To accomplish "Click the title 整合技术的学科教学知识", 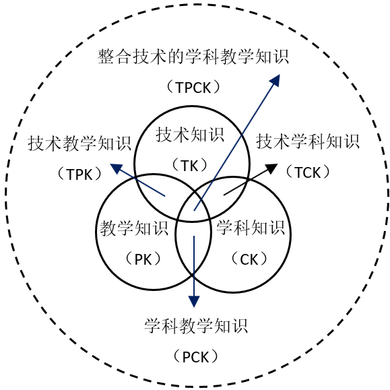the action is coord(193,57).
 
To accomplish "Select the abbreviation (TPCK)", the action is coord(193,88).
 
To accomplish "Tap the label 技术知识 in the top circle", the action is coord(190,135).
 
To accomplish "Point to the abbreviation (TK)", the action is coord(190,166).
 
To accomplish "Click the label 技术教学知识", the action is coord(79,143).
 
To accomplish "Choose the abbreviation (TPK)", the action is coord(79,174).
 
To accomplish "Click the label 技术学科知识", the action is coord(308,141).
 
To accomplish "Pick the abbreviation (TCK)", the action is coord(308,172).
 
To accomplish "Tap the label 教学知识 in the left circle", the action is coord(134,228).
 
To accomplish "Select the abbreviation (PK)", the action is coord(143,259).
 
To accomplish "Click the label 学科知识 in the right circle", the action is coord(251,228).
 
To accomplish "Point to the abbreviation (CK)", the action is coord(249,259).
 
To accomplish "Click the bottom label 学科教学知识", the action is coord(196,325).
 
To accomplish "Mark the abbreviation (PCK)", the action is coord(195,357).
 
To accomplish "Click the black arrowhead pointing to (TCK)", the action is coord(271,168).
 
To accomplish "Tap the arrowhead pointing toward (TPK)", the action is coord(117,168).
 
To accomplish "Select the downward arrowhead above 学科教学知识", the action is coord(194,302).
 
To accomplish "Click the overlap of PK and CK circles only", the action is coord(193,247).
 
